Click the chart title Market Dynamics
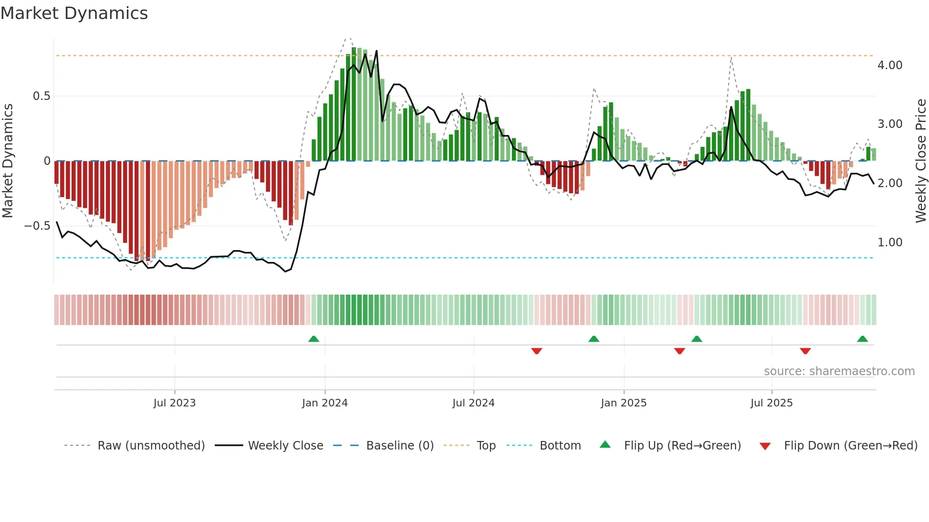click(74, 13)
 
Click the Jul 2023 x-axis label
click(174, 403)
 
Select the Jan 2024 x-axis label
click(325, 403)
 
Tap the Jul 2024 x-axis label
click(473, 403)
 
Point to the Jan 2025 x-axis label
click(623, 403)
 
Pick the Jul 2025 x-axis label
click(771, 403)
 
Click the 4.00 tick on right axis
click(890, 65)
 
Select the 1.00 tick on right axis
click(890, 243)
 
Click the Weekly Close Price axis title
click(920, 161)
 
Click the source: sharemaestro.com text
click(839, 371)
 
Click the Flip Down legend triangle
click(765, 446)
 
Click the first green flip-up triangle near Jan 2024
click(313, 339)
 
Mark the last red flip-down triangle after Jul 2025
click(805, 351)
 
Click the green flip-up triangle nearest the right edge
click(862, 339)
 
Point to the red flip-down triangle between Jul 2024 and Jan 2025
click(537, 351)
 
